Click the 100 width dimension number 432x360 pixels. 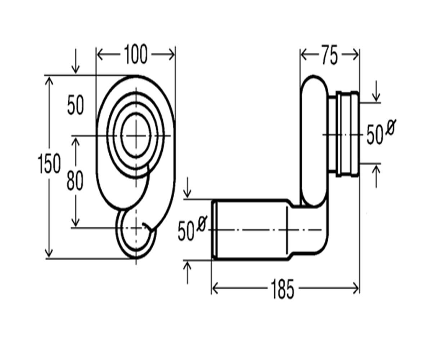pyautogui.click(x=136, y=54)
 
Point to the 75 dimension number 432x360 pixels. pyautogui.click(x=329, y=55)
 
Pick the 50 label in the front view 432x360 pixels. pyautogui.click(x=76, y=105)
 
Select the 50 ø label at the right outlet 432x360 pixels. pyautogui.click(x=380, y=132)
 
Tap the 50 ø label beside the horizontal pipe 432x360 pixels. pyautogui.click(x=192, y=228)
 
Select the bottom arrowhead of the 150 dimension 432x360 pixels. pyautogui.click(x=49, y=254)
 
